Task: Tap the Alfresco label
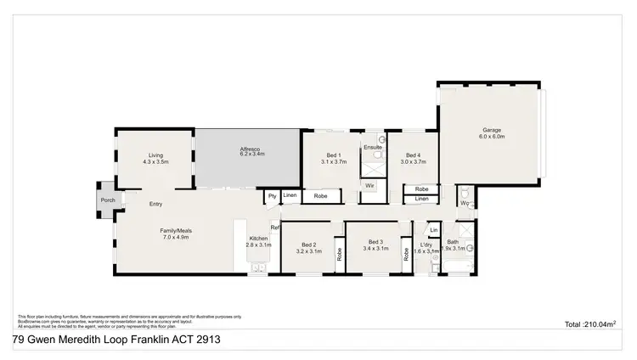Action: tap(251, 149)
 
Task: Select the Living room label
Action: tap(155, 155)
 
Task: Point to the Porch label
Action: tap(108, 200)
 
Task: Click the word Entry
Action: tap(156, 204)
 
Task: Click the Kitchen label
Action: tap(258, 239)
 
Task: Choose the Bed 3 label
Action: tap(376, 245)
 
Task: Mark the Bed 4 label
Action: tap(412, 155)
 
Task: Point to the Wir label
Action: tap(370, 185)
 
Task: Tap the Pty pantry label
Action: tap(272, 196)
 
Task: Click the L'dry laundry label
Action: tap(426, 245)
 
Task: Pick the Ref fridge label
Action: tap(274, 227)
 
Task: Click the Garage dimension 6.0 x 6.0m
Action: tap(492, 137)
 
